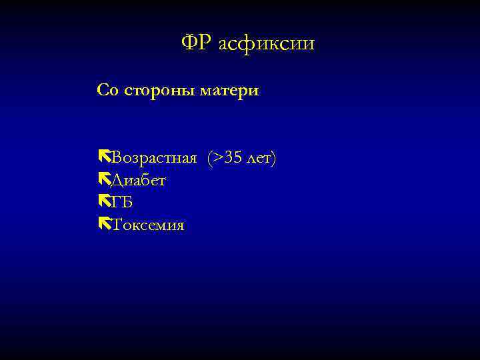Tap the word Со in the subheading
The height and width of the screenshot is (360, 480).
[107, 90]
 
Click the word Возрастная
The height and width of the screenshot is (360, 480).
[154, 158]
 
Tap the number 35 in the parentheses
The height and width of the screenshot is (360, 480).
[233, 158]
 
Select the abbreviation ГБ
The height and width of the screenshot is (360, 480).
[122, 203]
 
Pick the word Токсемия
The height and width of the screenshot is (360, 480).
[148, 225]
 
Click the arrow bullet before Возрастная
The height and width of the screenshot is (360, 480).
[103, 157]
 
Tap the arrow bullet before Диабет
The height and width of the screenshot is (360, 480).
[103, 180]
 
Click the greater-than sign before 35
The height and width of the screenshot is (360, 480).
[218, 158]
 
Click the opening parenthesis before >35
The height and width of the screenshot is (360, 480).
[210, 158]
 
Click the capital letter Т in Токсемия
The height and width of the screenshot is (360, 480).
[117, 225]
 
